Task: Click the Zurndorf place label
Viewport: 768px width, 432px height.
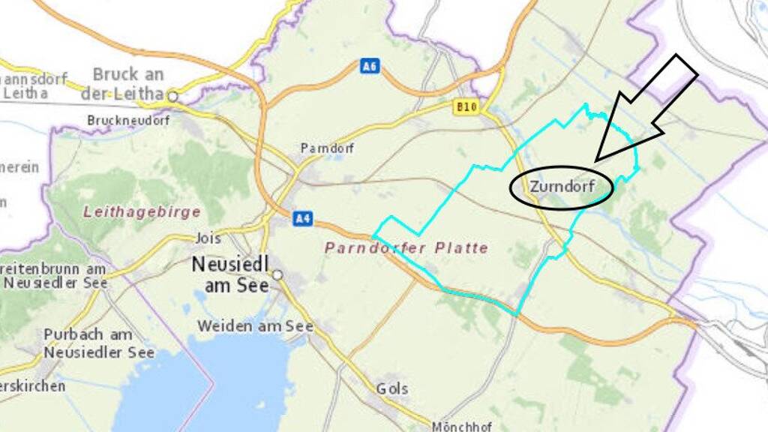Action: [x=561, y=185]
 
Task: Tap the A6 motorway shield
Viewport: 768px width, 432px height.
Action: [x=369, y=66]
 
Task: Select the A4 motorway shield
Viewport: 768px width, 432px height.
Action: [x=302, y=218]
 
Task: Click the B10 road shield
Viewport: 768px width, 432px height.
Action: [x=466, y=107]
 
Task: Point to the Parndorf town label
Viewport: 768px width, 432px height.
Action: [x=327, y=148]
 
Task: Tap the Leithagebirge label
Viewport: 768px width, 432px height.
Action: [x=142, y=211]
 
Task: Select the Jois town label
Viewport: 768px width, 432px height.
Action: [x=208, y=238]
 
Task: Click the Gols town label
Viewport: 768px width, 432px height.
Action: [x=392, y=388]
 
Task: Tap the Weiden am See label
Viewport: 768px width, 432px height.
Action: [x=255, y=326]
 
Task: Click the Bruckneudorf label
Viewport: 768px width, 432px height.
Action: [x=128, y=120]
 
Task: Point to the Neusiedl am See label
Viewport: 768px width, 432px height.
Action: [x=229, y=274]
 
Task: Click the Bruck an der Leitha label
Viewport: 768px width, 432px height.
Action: [x=127, y=84]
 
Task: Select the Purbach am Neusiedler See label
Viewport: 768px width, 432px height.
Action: [x=97, y=343]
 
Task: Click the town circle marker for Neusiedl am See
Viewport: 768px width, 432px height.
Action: [x=277, y=275]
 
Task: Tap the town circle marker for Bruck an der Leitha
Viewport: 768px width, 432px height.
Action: [x=172, y=96]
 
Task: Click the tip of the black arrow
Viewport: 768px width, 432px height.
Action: [x=595, y=160]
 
